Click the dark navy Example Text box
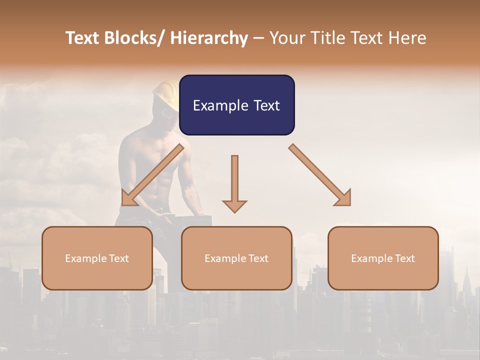coord(236,105)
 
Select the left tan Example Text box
coord(97,258)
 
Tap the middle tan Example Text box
coord(236,258)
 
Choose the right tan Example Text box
coord(383,258)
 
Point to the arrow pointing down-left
coord(152,175)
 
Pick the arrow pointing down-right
coord(320,175)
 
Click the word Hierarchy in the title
coord(209,38)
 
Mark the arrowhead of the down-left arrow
coord(129,198)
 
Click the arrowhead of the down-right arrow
coord(344,198)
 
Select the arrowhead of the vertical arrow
coord(234,205)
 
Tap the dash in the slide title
coord(258,38)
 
